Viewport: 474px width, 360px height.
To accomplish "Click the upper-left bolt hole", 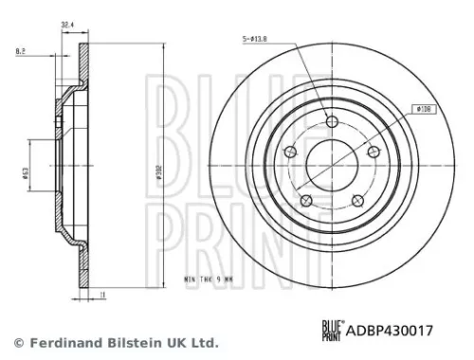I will (288, 153).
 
